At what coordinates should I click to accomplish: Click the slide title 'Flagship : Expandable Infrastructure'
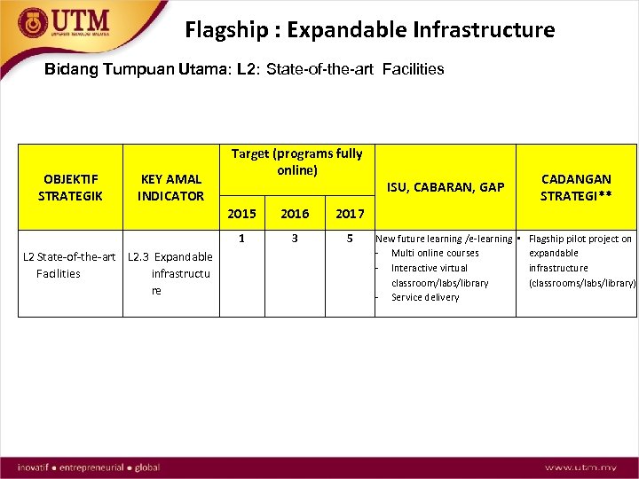coord(369,30)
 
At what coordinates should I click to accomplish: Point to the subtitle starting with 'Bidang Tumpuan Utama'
coord(244,69)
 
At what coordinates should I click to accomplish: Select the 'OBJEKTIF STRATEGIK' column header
coord(70,187)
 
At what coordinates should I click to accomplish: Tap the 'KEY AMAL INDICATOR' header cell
coord(170,187)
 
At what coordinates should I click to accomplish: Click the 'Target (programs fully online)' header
coord(296,161)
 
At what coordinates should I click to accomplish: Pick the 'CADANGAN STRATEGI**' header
coord(577,187)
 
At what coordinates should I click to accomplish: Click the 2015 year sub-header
coord(242,214)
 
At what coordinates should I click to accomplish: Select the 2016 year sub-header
coord(295,214)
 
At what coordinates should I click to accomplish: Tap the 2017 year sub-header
coord(350,214)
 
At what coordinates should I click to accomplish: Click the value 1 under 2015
coord(242,238)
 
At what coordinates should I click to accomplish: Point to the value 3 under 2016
coord(295,238)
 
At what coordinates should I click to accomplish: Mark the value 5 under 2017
coord(350,238)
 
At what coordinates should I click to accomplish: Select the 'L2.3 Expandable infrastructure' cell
coord(170,273)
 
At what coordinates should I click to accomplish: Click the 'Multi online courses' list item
coord(435,253)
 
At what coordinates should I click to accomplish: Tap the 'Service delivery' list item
coord(425,297)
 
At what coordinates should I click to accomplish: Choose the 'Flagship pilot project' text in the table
coord(580,239)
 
